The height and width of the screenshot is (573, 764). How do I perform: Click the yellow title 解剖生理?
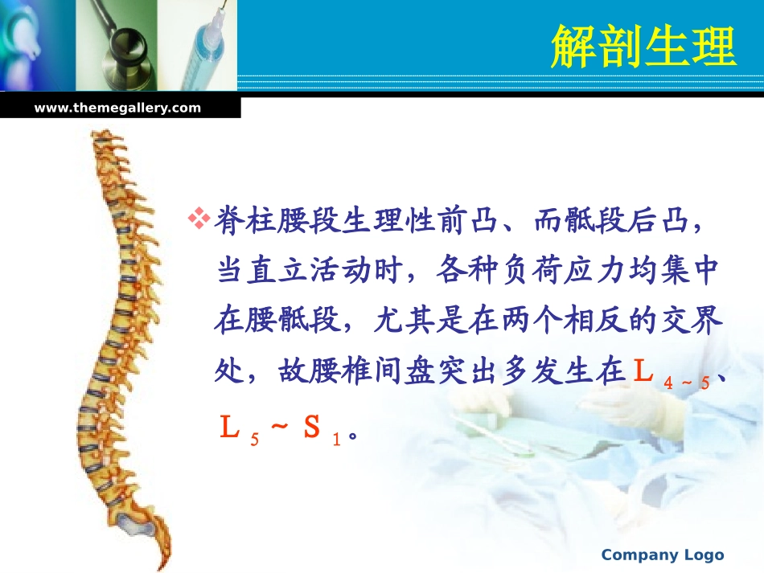pos(643,47)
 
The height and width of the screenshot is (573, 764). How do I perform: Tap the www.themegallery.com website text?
pos(117,108)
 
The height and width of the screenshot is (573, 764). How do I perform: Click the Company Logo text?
pos(663,555)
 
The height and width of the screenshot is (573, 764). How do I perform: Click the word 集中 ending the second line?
pos(693,272)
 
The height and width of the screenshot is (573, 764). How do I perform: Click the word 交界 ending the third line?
pos(693,322)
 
